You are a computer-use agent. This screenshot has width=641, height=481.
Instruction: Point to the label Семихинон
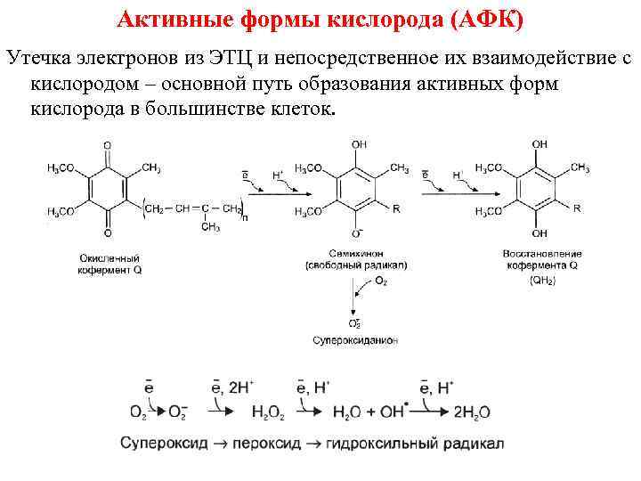click(x=354, y=254)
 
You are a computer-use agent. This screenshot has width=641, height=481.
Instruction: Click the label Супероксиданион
click(x=355, y=339)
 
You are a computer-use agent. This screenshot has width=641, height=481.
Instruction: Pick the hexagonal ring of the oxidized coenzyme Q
click(x=108, y=189)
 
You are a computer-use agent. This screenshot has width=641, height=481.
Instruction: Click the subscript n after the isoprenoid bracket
click(x=246, y=216)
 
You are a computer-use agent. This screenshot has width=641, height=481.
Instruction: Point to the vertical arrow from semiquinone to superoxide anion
click(x=355, y=295)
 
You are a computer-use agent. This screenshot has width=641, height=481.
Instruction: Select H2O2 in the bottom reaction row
click(x=270, y=412)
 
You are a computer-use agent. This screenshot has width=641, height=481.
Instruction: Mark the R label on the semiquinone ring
click(x=395, y=208)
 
